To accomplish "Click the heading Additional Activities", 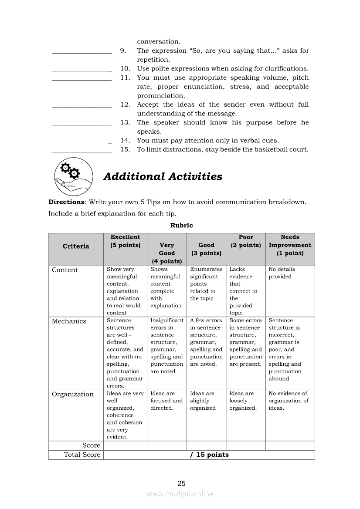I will coord(163,177).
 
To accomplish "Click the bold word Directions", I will coord(66,202).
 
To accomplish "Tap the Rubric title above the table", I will coord(181,225).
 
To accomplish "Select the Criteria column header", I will coord(76,246).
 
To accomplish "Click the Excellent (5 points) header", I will coord(125,241).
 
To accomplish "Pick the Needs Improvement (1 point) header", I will coord(290,245).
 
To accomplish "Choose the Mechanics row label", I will coord(69,321).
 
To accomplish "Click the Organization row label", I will coord(72,394).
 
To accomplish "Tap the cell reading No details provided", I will coord(282,273).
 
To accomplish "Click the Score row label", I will coord(91,445).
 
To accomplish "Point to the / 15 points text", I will coord(209,455).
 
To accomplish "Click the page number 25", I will coord(181,483).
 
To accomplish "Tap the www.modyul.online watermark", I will coord(180,494).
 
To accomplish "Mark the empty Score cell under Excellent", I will coord(125,445).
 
